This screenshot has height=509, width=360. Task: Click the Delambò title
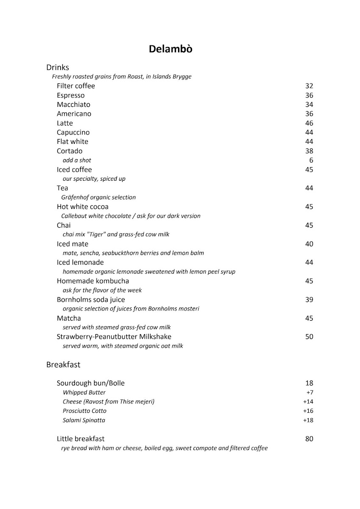click(170, 49)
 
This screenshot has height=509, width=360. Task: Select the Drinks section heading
click(58, 67)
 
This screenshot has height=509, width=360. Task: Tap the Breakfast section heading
click(63, 364)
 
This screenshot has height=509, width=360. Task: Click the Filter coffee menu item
click(76, 86)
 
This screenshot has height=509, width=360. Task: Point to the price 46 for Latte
click(309, 123)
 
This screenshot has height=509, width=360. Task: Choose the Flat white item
click(73, 142)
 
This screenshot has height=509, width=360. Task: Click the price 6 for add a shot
click(311, 160)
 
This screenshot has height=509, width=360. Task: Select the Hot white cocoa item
click(83, 207)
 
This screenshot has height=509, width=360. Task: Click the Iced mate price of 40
click(309, 244)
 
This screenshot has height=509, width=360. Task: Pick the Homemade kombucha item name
click(93, 281)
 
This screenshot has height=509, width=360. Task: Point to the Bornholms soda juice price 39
click(309, 300)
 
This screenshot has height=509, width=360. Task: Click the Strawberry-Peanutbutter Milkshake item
click(114, 337)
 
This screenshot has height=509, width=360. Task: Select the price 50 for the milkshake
click(309, 337)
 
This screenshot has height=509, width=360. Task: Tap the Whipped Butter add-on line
click(84, 393)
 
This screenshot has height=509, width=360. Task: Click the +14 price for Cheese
click(308, 402)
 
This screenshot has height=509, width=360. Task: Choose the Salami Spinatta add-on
click(84, 420)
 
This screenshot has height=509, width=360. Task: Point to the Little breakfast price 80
click(309, 439)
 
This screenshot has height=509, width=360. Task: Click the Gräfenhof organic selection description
click(95, 197)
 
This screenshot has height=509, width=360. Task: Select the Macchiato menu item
click(73, 105)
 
